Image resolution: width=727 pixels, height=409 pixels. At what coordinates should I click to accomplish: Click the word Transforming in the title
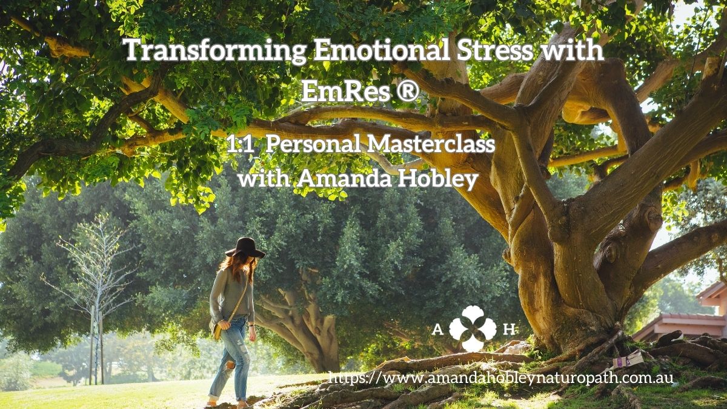click(x=214, y=51)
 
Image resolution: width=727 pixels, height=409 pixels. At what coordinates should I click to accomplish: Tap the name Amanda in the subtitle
click(x=344, y=179)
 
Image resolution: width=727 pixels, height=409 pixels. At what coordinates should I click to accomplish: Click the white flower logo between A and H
click(x=473, y=328)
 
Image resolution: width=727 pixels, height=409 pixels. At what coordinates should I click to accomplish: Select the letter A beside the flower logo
click(x=438, y=330)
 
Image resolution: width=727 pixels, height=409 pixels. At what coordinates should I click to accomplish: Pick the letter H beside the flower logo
click(x=509, y=330)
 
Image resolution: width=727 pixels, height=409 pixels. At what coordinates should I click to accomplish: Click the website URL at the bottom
click(x=500, y=379)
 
